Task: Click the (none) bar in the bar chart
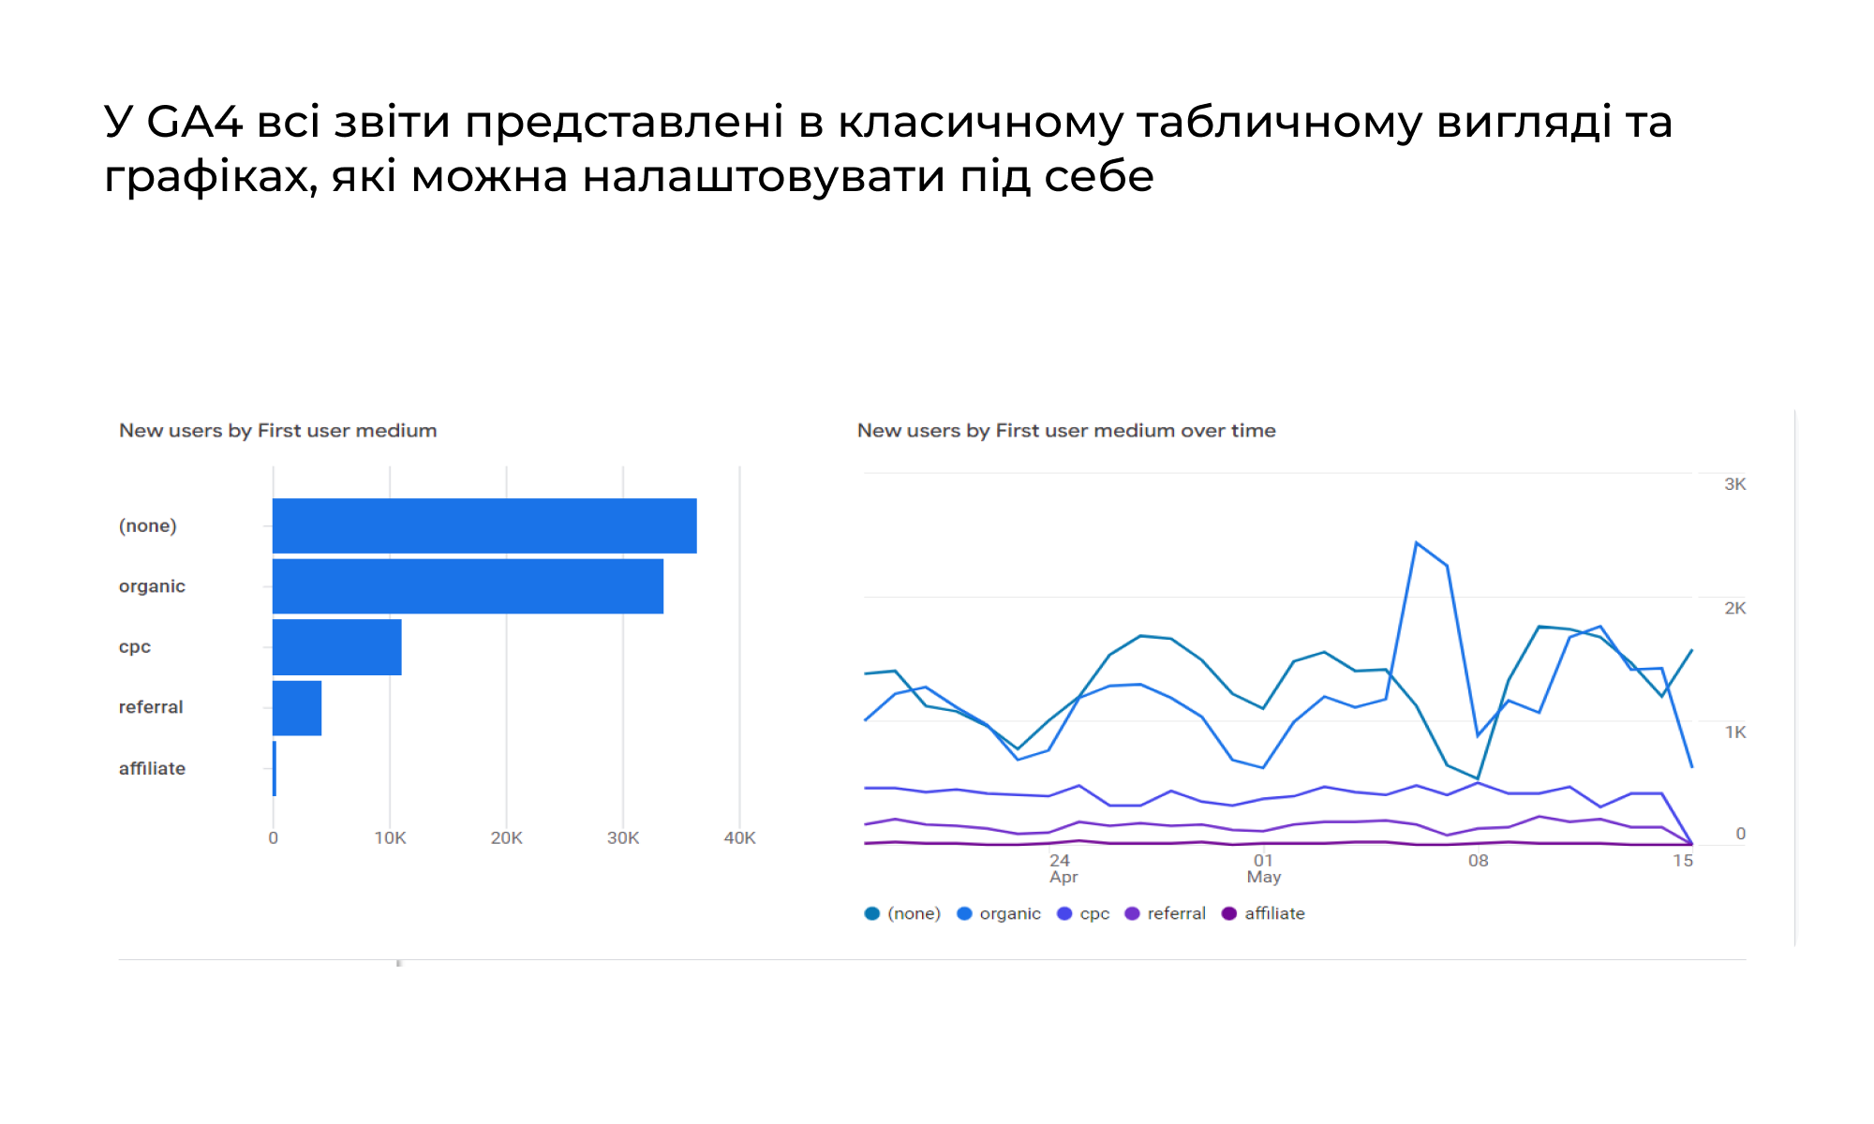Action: [484, 525]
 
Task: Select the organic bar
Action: [468, 586]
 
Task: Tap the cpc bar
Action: [337, 647]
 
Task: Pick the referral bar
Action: [297, 708]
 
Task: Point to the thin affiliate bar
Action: [275, 769]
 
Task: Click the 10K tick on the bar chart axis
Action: [390, 838]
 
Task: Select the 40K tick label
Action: [739, 838]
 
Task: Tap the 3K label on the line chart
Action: [1735, 484]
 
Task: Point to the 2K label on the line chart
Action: [1735, 608]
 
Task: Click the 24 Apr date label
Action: [1063, 868]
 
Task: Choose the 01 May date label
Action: [1264, 868]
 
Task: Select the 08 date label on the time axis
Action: [1478, 861]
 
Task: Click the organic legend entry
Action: [999, 913]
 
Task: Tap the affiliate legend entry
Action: [1263, 913]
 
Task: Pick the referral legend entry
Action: [1166, 913]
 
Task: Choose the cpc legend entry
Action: [1083, 913]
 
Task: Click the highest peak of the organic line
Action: [1417, 542]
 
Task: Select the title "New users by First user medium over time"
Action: [1066, 431]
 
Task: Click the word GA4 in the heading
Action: [195, 122]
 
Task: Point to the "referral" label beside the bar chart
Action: [151, 707]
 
